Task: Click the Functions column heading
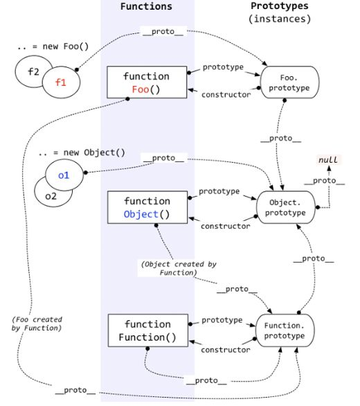146,6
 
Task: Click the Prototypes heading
280,6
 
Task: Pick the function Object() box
147,207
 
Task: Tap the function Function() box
147,331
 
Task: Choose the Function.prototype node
285,330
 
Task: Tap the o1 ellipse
64,175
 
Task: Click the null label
327,160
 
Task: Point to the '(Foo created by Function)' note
37,324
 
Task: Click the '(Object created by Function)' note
169,268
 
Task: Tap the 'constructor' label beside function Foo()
226,95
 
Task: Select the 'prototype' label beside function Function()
222,320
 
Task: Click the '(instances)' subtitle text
280,19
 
